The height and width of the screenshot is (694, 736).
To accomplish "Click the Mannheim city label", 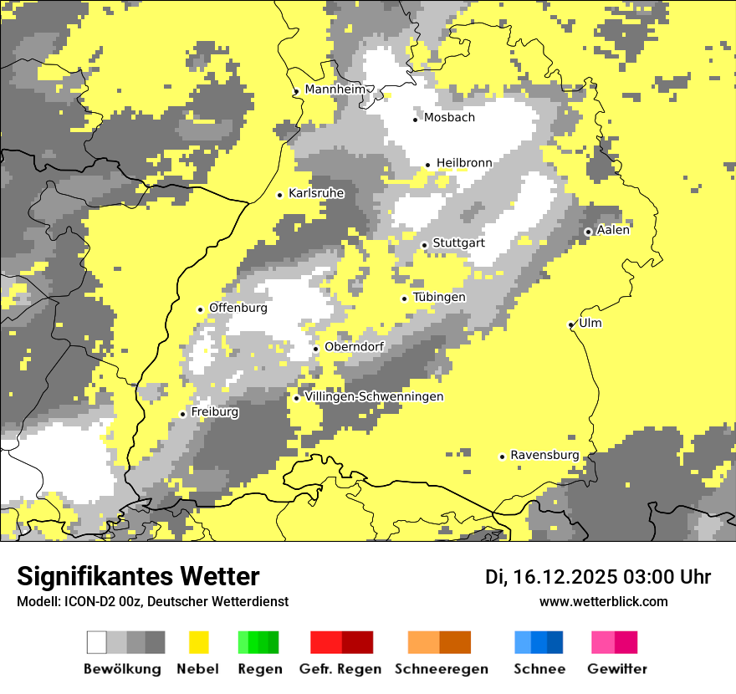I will point(335,89).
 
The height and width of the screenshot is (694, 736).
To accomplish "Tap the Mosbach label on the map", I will point(449,118).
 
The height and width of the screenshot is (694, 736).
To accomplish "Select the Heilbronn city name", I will point(464,163).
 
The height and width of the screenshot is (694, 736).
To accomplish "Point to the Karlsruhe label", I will point(316,193).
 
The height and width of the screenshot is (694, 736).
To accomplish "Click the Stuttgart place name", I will point(458,243).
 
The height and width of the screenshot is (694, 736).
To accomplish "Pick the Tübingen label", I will point(439,298).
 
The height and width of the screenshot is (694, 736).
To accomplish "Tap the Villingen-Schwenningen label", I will point(374,397).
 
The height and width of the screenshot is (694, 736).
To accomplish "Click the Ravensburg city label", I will point(544,455).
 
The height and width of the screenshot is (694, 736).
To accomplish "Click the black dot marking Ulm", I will point(570,324).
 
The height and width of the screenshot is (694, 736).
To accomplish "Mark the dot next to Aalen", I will point(588,232).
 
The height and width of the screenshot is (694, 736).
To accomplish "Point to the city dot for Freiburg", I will point(182,414).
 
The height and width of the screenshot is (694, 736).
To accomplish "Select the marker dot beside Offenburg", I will point(200,309).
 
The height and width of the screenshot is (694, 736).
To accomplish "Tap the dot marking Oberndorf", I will point(315,349).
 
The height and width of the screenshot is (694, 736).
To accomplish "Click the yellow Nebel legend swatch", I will point(198,642).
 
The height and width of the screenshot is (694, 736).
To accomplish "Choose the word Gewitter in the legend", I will point(617,669).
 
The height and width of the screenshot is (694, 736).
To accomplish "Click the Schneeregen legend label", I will point(442,669).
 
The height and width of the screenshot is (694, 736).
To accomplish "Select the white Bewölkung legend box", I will point(97,642).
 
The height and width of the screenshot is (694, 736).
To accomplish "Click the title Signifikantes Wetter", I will point(138,576).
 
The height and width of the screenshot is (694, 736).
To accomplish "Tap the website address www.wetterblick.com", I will point(603,601).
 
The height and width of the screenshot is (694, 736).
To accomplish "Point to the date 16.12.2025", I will point(565,577).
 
